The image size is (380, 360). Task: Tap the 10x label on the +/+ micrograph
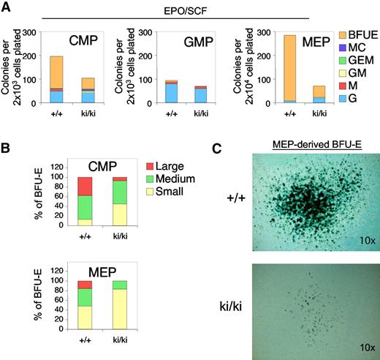coord(360,239)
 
